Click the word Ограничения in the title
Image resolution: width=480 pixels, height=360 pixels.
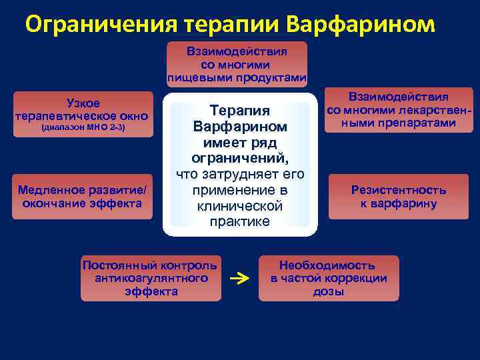pyautogui.click(x=100, y=25)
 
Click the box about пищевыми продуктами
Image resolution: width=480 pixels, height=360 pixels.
pyautogui.click(x=237, y=64)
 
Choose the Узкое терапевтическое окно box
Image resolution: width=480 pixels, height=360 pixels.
pyautogui.click(x=83, y=114)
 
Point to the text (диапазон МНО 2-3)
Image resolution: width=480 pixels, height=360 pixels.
pyautogui.click(x=83, y=127)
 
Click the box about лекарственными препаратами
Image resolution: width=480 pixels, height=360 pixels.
pyautogui.click(x=399, y=109)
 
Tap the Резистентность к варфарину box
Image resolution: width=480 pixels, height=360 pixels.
pyautogui.click(x=399, y=197)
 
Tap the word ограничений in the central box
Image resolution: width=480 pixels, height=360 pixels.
pyautogui.click(x=239, y=159)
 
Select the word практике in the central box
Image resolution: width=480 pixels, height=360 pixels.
pyautogui.click(x=239, y=222)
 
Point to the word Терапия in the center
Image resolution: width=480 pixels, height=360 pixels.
pyautogui.click(x=239, y=111)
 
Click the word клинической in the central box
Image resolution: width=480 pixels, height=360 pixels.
pyautogui.click(x=239, y=206)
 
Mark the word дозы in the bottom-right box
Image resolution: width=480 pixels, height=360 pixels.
pyautogui.click(x=329, y=292)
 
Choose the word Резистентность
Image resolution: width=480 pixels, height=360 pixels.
pyautogui.click(x=399, y=190)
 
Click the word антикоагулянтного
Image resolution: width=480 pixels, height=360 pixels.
pyautogui.click(x=151, y=278)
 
